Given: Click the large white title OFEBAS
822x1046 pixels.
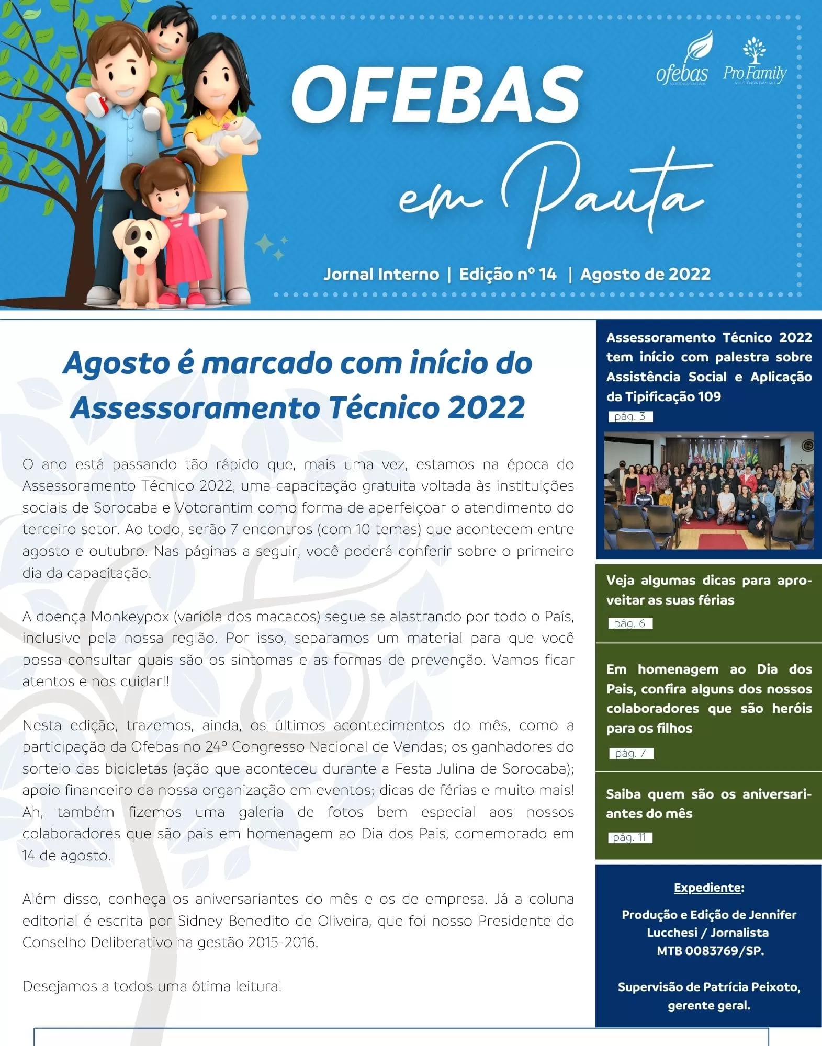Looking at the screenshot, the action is pos(437,95).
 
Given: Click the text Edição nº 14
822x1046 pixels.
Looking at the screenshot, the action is pos(508,274).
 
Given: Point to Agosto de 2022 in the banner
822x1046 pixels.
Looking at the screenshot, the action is pos(645,274).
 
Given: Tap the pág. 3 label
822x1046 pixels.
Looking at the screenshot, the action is pos(630,417).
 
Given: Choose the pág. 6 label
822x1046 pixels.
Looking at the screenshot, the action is pos(630,623).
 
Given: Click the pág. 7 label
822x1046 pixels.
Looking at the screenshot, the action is pos(631,753).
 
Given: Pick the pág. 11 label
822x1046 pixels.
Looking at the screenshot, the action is pos(630,837).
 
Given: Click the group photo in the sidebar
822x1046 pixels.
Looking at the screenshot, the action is pos(708,491).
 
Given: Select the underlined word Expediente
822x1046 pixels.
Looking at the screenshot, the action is pos(707,888).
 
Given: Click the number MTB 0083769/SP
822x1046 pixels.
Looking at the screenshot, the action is pos(710,951).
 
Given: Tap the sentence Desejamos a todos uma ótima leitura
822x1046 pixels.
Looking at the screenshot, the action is pos(152,986).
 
